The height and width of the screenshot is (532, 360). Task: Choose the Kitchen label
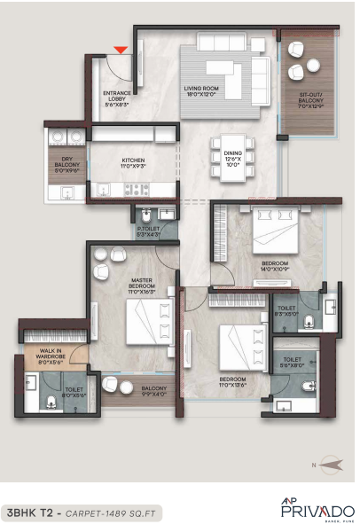134,160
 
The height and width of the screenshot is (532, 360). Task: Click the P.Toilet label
148,232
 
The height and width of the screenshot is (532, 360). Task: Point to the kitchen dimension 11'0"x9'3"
134,167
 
